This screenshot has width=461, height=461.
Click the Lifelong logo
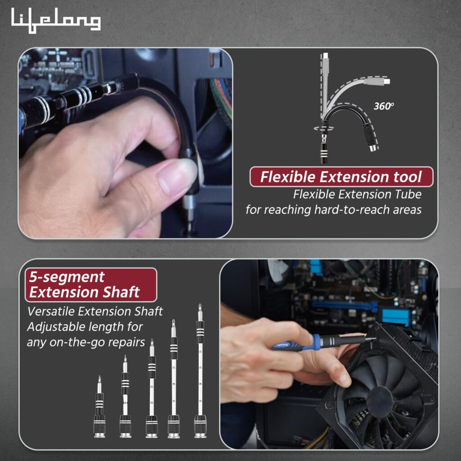(x=56, y=21)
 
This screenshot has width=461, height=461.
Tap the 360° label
(x=384, y=106)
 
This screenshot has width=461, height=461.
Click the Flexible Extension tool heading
(x=341, y=177)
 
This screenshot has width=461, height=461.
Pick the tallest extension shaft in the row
(x=200, y=374)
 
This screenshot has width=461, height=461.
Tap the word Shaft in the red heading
(x=118, y=293)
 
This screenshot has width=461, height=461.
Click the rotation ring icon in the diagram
(x=324, y=128)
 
